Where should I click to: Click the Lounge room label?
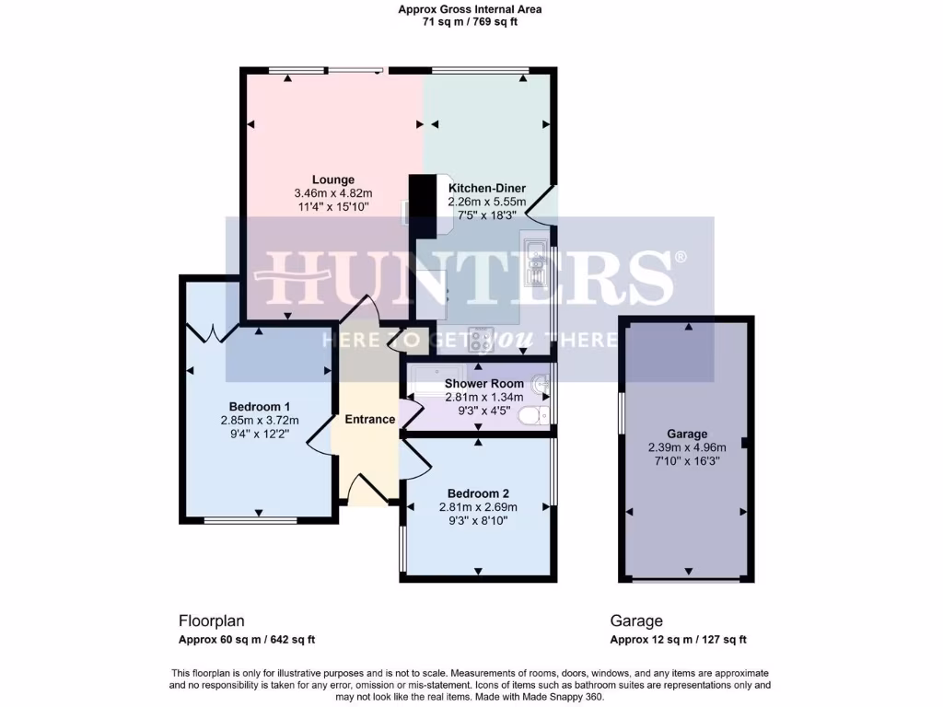coord(332,180)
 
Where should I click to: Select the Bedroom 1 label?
coord(260,407)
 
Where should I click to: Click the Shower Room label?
coord(483,383)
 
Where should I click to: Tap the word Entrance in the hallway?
coord(369,420)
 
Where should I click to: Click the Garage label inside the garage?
coord(687,435)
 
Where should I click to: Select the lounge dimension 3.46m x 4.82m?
coord(332,193)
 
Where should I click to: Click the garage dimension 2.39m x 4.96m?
coord(687,448)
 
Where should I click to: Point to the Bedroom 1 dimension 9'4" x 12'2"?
coord(260,435)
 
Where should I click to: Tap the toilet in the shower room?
coord(532,417)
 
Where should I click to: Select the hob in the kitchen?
coord(482,340)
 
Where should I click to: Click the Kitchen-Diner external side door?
coord(543,204)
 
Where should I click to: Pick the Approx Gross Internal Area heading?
coord(470,9)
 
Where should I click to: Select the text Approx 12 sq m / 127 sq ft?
coord(679,641)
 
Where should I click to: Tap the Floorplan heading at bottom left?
coord(211,621)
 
